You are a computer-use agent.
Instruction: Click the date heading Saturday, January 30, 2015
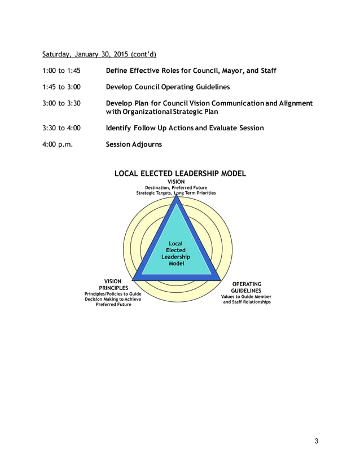[99, 55]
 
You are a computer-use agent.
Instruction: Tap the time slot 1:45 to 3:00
[62, 87]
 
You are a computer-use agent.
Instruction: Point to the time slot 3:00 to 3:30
[62, 104]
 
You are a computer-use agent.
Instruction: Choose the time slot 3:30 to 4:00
[62, 128]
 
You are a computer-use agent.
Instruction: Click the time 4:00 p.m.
[58, 144]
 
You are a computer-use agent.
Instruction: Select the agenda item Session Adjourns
[134, 144]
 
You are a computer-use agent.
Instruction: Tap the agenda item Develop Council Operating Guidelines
[168, 87]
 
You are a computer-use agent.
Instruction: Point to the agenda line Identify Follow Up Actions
[185, 128]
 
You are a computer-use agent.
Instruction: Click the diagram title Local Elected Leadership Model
[180, 174]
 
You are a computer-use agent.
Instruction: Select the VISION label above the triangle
[177, 182]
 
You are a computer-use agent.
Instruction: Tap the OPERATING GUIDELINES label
[247, 288]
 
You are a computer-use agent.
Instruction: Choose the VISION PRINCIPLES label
[113, 284]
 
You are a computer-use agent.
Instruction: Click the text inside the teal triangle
[176, 253]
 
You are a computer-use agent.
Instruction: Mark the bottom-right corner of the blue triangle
[219, 279]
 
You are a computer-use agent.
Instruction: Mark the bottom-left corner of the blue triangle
[133, 279]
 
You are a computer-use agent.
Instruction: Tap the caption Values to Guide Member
[247, 297]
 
